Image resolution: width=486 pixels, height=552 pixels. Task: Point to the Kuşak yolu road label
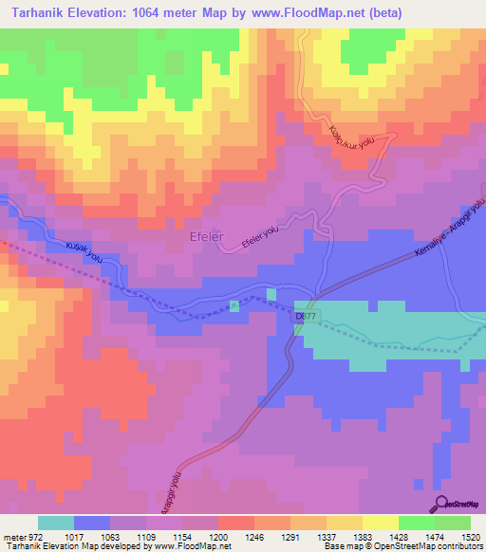tap(84, 251)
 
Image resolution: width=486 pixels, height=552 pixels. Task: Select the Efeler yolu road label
tap(263, 238)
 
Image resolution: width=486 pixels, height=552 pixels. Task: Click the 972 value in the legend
tap(34, 537)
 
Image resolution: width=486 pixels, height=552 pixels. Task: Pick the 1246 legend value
tap(253, 537)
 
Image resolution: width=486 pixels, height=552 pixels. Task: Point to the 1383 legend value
tap(363, 537)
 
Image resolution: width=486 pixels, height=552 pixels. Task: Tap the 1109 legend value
tap(144, 537)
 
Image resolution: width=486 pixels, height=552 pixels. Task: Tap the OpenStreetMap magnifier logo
tap(441, 503)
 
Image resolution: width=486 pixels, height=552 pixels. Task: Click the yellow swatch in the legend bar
tap(380, 523)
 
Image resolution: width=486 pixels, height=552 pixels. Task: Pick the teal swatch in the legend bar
tap(55, 523)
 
